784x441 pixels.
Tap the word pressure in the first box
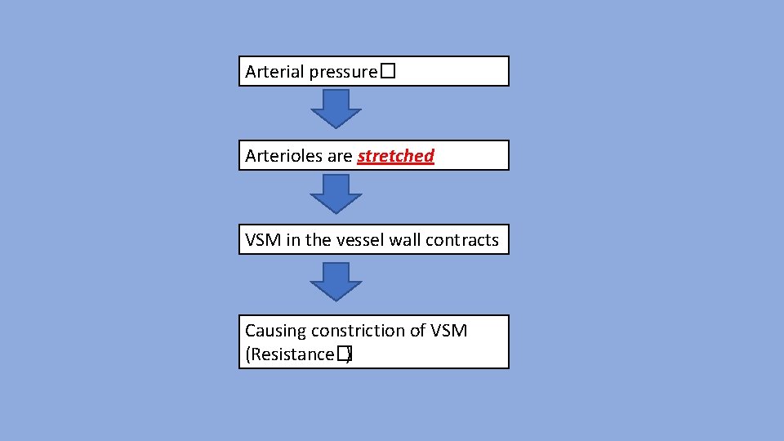[x=343, y=72]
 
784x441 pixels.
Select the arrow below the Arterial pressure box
[x=336, y=109]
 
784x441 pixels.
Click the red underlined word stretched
[x=396, y=156]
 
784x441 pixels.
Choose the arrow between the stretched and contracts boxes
[x=336, y=194]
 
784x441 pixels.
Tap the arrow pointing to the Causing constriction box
[x=336, y=282]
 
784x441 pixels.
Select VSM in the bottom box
[x=449, y=331]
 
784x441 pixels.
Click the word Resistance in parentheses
[x=290, y=354]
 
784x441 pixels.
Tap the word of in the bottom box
[x=418, y=331]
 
